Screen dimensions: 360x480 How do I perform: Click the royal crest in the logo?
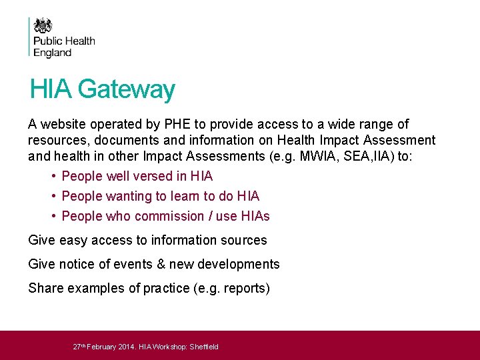point(43,25)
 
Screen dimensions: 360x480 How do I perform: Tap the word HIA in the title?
point(51,89)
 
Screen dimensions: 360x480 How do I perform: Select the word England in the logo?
point(52,53)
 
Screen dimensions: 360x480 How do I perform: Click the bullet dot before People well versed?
point(52,176)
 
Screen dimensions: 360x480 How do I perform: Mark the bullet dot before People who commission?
point(52,216)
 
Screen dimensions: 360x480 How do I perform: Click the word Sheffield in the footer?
point(204,347)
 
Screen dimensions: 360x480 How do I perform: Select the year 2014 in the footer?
point(126,347)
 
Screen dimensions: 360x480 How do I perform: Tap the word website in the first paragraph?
point(62,124)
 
